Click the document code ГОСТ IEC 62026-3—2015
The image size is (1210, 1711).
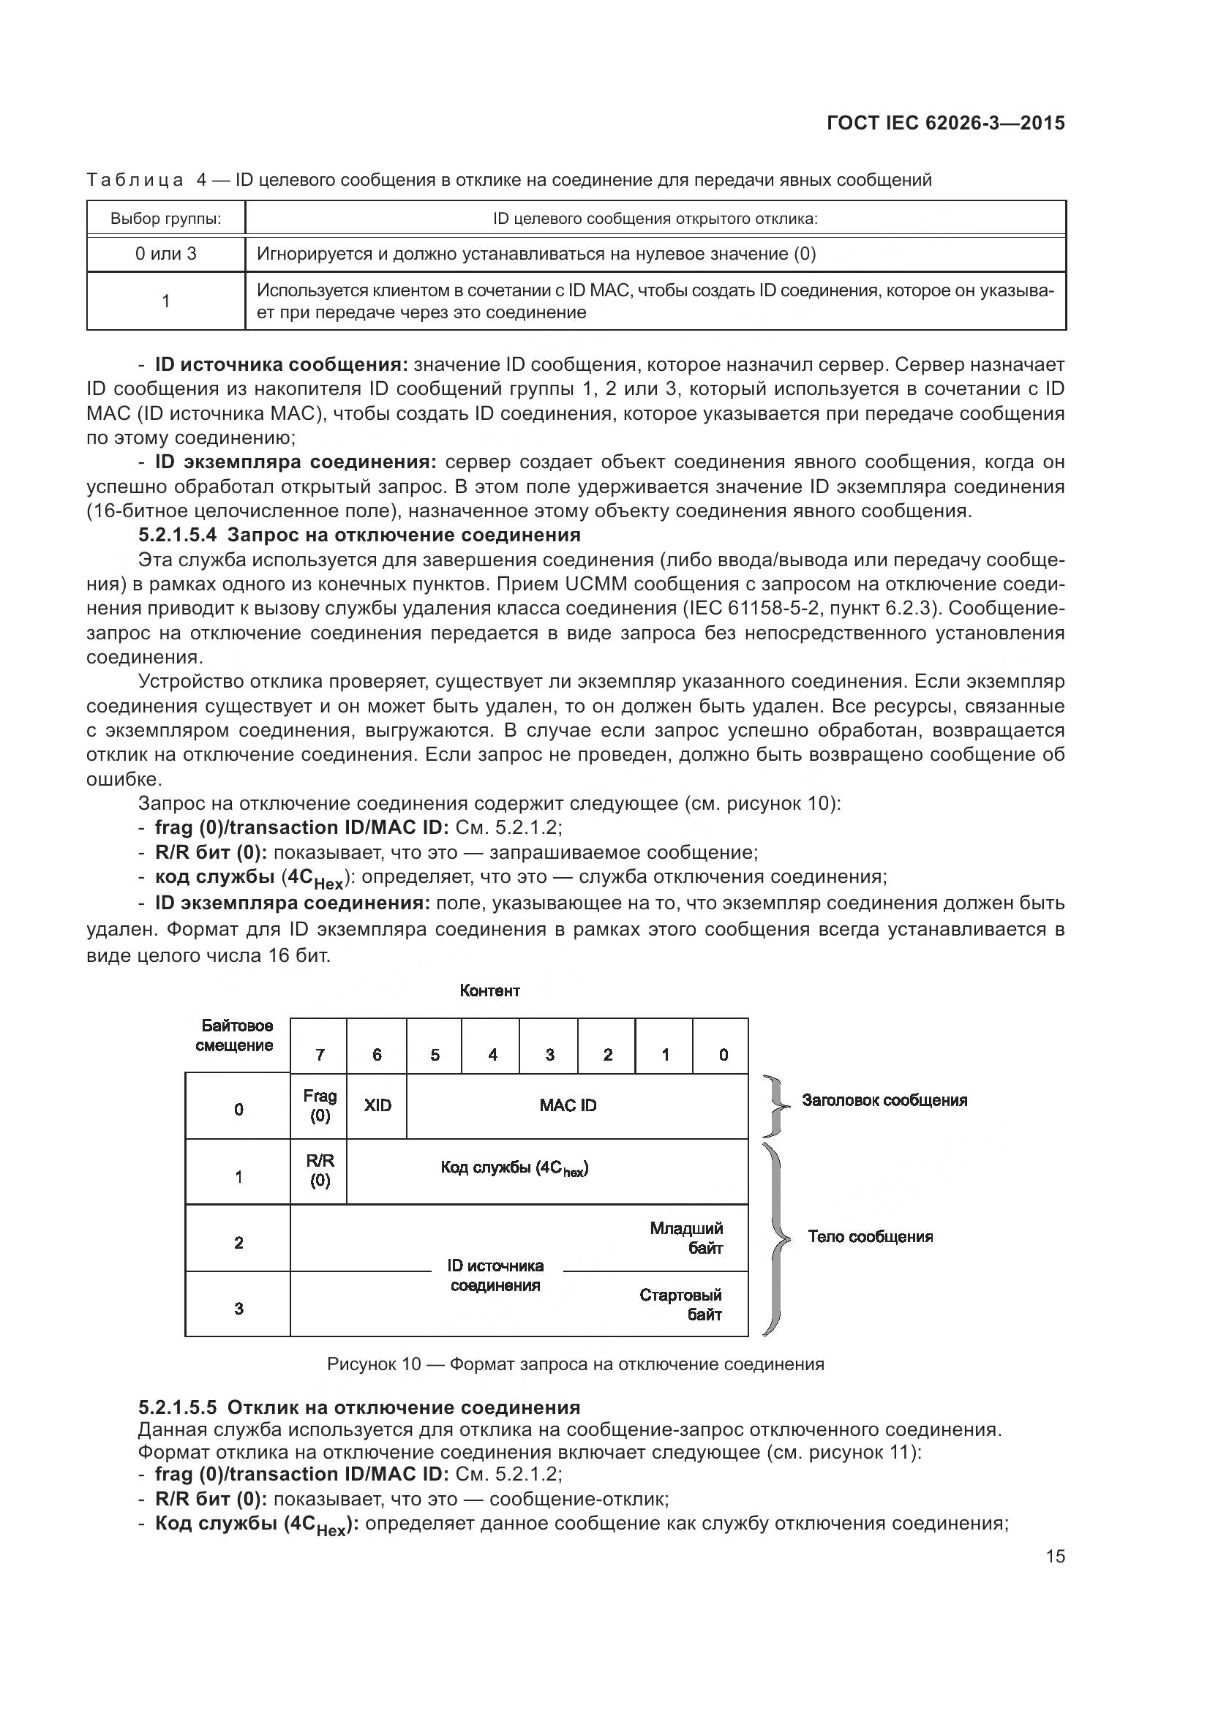click(x=945, y=123)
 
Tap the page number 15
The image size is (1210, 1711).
click(x=1055, y=1556)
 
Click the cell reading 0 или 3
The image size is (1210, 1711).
click(x=165, y=254)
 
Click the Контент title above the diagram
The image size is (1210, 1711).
click(x=489, y=991)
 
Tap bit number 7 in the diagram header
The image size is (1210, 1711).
click(x=320, y=1055)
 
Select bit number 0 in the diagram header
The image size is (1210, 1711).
click(x=723, y=1055)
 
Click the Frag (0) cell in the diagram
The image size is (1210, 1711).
click(x=320, y=1106)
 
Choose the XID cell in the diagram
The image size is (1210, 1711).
click(x=377, y=1106)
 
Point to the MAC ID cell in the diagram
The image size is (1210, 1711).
click(x=568, y=1106)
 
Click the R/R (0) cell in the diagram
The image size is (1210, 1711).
click(x=320, y=1170)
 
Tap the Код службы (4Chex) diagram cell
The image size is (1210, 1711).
click(x=514, y=1168)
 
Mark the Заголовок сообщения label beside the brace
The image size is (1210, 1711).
click(x=884, y=1101)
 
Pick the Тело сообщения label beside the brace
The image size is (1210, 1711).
click(x=870, y=1237)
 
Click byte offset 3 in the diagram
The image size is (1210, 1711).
click(x=238, y=1309)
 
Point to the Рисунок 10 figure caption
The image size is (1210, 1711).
click(x=575, y=1364)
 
